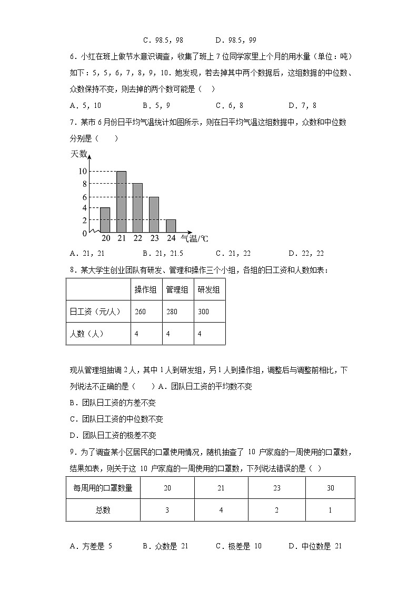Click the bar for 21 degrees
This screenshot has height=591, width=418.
121,202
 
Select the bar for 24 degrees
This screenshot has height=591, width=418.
171,226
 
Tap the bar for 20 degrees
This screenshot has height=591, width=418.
105,219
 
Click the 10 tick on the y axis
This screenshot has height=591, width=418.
82,171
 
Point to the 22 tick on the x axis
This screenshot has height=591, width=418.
138,238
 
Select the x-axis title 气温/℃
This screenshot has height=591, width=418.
194,238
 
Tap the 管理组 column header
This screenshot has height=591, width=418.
178,289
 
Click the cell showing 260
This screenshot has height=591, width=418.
141,312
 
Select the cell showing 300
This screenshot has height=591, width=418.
204,312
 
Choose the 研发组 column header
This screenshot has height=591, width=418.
209,289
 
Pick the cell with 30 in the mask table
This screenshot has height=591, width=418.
330,488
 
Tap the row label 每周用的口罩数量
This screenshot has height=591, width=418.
103,488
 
